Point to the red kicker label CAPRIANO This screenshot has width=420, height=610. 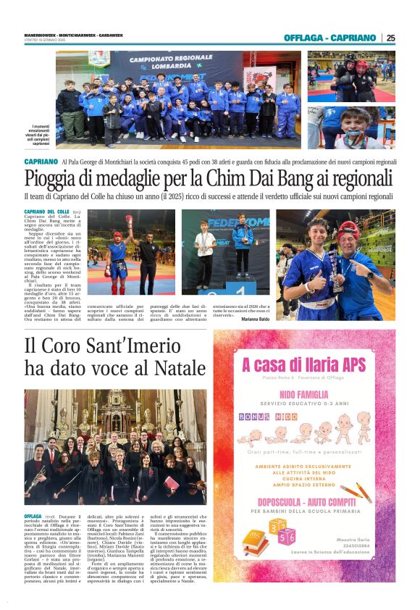(41, 162)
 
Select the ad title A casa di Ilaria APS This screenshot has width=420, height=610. (303, 364)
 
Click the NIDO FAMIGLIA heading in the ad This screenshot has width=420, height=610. (303, 394)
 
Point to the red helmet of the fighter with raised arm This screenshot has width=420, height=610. (118, 236)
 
